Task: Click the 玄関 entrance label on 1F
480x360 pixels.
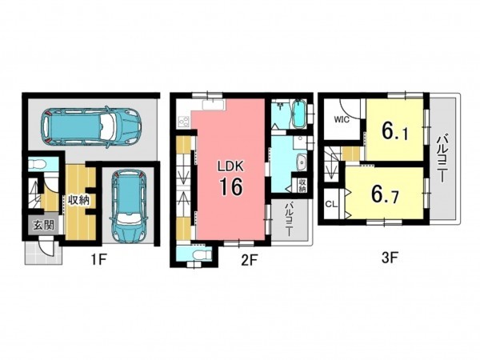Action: tap(43, 225)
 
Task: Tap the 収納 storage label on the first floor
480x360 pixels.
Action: tap(78, 201)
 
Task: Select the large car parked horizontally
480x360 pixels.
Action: tap(92, 126)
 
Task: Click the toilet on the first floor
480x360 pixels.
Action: tap(37, 165)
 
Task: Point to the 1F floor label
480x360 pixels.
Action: tap(98, 260)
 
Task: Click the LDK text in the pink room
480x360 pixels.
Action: tap(230, 166)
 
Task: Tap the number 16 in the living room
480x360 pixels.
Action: tap(231, 187)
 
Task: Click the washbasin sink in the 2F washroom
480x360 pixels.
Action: tap(302, 162)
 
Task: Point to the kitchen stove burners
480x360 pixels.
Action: tap(184, 122)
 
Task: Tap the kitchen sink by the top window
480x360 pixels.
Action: tap(214, 105)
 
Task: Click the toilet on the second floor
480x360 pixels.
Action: tap(203, 254)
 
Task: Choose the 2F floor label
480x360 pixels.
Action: tap(248, 260)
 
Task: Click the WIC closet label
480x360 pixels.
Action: tap(342, 119)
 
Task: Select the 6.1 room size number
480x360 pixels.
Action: tap(394, 132)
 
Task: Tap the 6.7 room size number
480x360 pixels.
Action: tap(385, 194)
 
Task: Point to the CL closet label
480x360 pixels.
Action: tap(331, 204)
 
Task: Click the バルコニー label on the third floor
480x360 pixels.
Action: tap(442, 158)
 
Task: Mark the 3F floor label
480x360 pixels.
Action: tap(390, 258)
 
